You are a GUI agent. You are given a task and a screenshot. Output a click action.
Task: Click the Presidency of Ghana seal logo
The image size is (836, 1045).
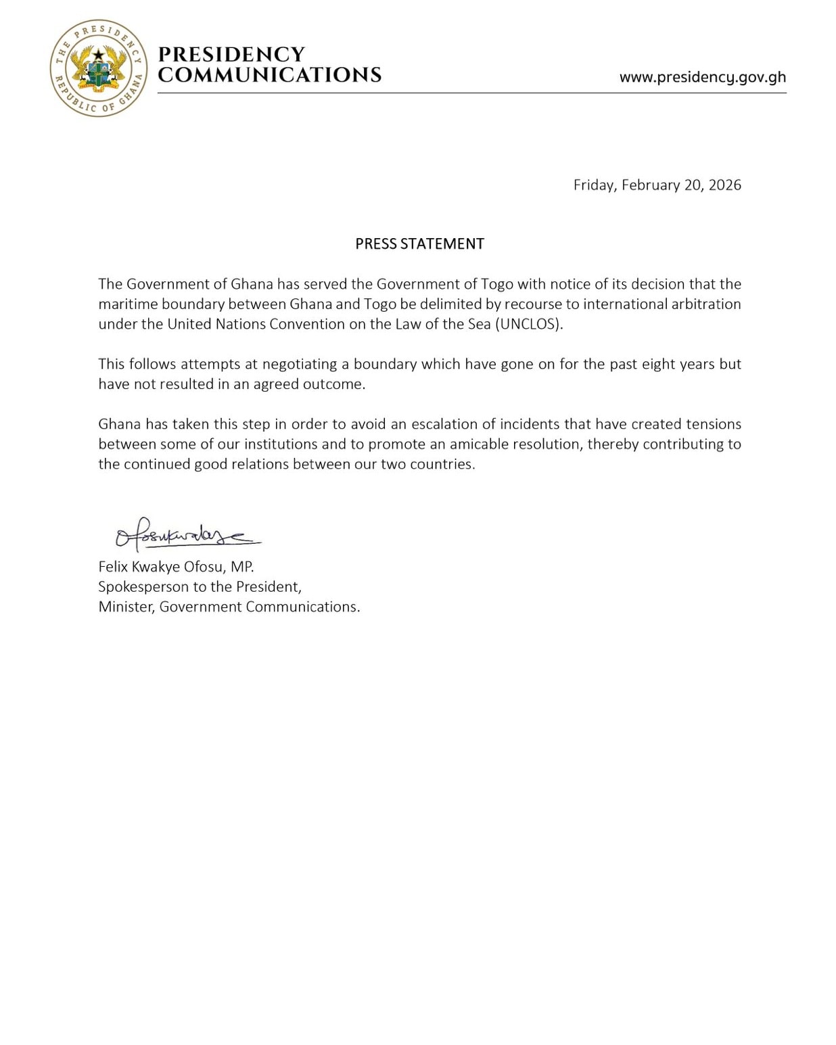pyautogui.click(x=99, y=68)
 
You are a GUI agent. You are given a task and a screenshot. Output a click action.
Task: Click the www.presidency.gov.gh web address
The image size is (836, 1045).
pyautogui.click(x=702, y=77)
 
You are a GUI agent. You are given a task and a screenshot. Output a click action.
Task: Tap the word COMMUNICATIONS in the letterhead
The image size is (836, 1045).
pyautogui.click(x=269, y=75)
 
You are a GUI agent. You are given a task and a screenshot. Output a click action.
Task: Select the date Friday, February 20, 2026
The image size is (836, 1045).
pyautogui.click(x=657, y=185)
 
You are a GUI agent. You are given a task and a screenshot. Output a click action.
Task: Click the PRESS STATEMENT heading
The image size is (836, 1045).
pyautogui.click(x=419, y=244)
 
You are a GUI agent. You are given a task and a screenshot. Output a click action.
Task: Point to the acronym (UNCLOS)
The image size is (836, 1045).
pyautogui.click(x=528, y=324)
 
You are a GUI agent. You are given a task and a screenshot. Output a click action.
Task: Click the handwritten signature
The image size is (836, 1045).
pyautogui.click(x=186, y=535)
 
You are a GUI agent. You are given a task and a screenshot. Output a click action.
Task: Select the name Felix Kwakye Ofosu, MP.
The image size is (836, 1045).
pyautogui.click(x=176, y=567)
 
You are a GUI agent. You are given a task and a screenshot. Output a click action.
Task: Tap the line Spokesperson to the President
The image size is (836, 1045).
pyautogui.click(x=200, y=586)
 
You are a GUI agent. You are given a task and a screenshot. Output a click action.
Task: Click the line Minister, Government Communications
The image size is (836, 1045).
pyautogui.click(x=229, y=607)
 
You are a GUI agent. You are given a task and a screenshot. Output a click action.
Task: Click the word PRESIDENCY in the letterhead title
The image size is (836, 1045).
pyautogui.click(x=231, y=55)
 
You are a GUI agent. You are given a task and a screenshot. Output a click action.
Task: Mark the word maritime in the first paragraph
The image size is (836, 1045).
pyautogui.click(x=127, y=304)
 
